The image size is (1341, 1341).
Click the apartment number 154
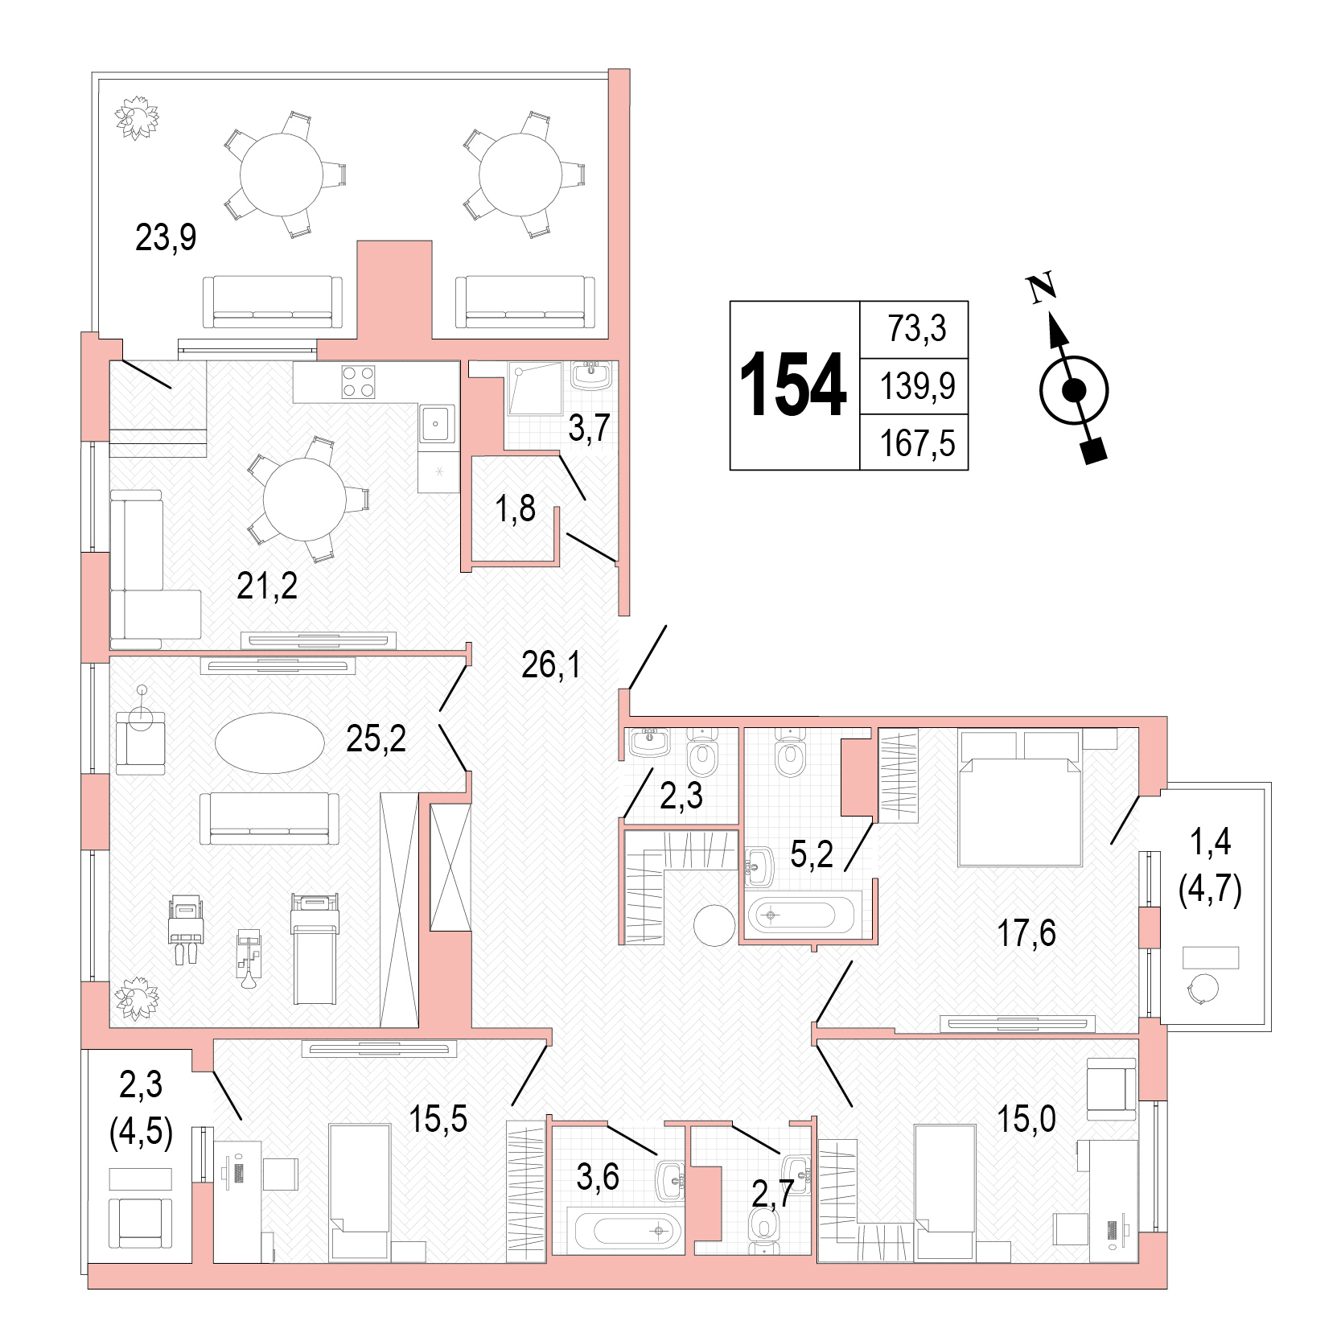[x=792, y=386]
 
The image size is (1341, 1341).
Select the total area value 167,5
[x=917, y=443]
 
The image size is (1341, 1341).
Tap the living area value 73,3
[x=917, y=328]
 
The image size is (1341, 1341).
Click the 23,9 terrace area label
[x=166, y=237]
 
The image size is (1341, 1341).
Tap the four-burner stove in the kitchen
[x=358, y=382]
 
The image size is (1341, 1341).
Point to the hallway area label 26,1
[x=551, y=664]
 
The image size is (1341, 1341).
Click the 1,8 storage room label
[x=516, y=508]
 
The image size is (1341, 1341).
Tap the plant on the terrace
[x=136, y=117]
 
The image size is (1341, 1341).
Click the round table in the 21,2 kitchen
[x=304, y=500]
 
